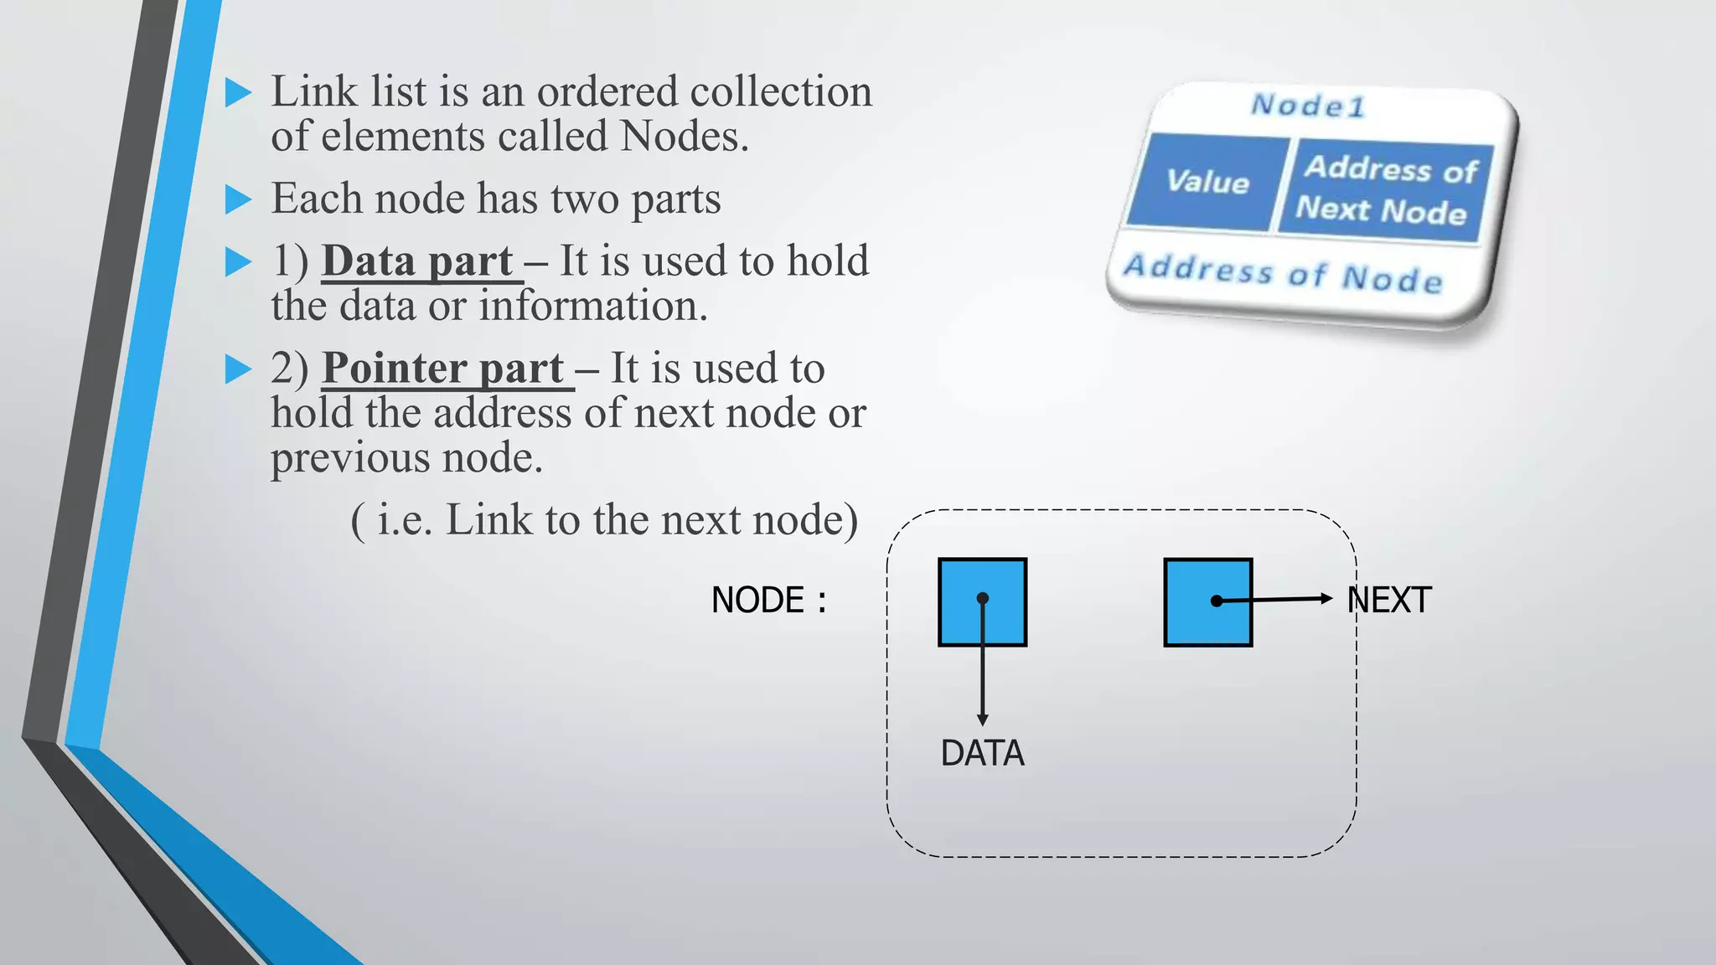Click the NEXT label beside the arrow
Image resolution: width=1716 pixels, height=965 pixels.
point(1389,600)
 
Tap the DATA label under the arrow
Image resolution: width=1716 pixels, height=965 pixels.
point(982,753)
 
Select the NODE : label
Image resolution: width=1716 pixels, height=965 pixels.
point(768,600)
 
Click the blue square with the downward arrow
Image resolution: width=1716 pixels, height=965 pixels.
point(982,601)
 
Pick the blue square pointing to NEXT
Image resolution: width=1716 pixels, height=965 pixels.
point(1207,601)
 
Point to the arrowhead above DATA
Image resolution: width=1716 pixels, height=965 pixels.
point(982,720)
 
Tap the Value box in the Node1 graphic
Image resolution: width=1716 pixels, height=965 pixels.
point(1207,181)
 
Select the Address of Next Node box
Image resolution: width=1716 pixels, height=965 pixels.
point(1385,189)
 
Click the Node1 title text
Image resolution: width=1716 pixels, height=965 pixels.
point(1308,106)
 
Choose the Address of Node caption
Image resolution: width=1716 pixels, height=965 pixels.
point(1283,273)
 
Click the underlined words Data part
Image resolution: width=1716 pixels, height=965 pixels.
point(417,261)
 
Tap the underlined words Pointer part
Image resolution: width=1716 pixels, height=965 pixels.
point(443,368)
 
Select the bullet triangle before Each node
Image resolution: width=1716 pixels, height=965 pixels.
point(238,199)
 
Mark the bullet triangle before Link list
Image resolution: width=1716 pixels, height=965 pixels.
point(238,92)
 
